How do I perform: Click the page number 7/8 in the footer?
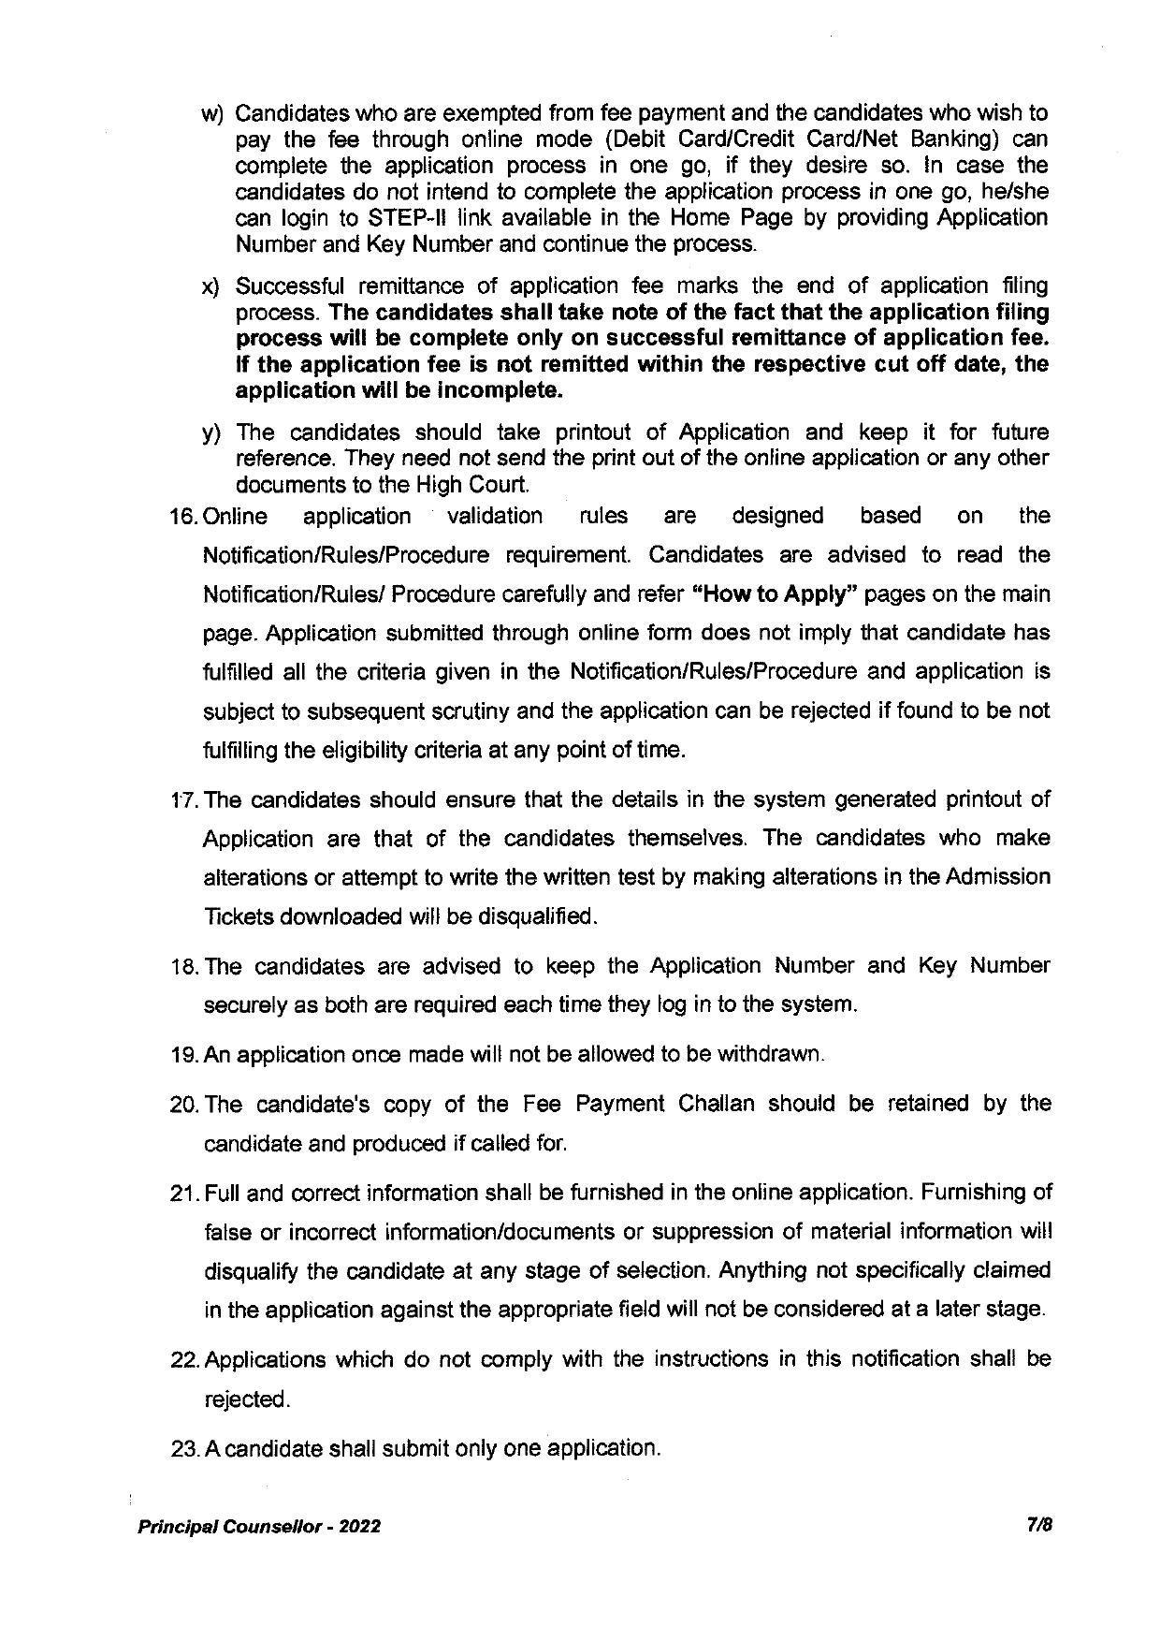tap(1039, 1525)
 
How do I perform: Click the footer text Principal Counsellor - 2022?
tap(259, 1526)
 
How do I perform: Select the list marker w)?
tap(213, 114)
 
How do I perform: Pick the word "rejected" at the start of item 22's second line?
tap(246, 1399)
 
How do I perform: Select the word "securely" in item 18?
tap(243, 1004)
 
